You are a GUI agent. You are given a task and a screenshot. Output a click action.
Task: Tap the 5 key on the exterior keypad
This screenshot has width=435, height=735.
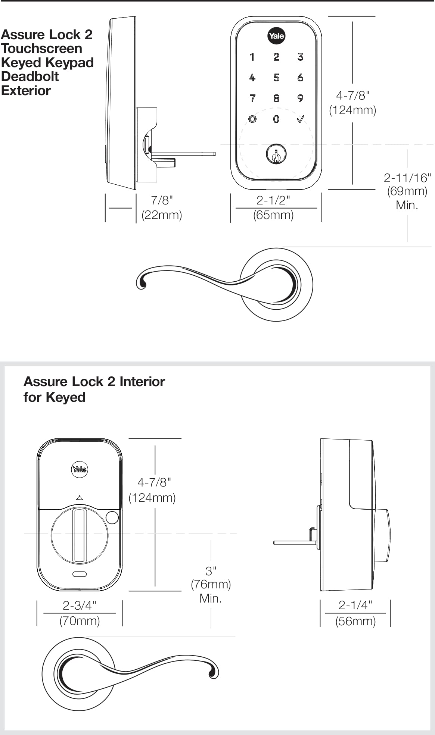[x=276, y=78]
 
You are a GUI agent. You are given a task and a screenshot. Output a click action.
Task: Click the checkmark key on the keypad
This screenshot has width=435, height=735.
[x=300, y=119]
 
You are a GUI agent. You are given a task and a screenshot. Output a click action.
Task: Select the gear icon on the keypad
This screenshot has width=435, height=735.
[x=252, y=119]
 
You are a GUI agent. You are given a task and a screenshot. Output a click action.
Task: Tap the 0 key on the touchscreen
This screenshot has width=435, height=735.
[x=276, y=119]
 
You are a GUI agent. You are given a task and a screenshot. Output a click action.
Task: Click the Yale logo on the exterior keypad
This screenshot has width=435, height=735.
[x=276, y=36]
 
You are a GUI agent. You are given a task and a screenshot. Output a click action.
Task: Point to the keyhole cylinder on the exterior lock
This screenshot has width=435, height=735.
[x=276, y=154]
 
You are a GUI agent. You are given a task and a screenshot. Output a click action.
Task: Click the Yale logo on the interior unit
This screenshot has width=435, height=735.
[x=79, y=469]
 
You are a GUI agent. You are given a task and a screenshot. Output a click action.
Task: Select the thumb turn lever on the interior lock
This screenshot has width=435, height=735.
[x=80, y=535]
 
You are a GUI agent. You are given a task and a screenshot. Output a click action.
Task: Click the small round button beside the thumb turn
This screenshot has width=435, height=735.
[x=112, y=517]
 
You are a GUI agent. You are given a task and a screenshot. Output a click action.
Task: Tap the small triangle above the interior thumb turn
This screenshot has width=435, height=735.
[x=79, y=498]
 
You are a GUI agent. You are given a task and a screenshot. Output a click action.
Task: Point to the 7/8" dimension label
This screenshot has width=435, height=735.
[x=162, y=200]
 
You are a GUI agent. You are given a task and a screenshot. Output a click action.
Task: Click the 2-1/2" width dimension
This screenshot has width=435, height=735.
[x=273, y=200]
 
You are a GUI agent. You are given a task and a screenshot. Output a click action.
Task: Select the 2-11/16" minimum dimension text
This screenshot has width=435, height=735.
[x=407, y=178]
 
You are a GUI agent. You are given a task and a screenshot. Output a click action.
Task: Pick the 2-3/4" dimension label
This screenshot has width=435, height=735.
[x=80, y=605]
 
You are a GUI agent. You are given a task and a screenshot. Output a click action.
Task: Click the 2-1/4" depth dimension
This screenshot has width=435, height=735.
[x=355, y=605]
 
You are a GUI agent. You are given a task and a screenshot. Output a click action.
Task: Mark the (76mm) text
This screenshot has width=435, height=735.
[x=211, y=584]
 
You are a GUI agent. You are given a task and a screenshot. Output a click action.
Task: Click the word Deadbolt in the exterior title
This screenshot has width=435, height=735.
[x=30, y=76]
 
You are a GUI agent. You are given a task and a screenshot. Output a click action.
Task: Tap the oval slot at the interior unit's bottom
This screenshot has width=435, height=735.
[x=80, y=574]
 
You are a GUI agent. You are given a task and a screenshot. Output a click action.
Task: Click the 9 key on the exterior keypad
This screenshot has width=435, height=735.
[x=300, y=98]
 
